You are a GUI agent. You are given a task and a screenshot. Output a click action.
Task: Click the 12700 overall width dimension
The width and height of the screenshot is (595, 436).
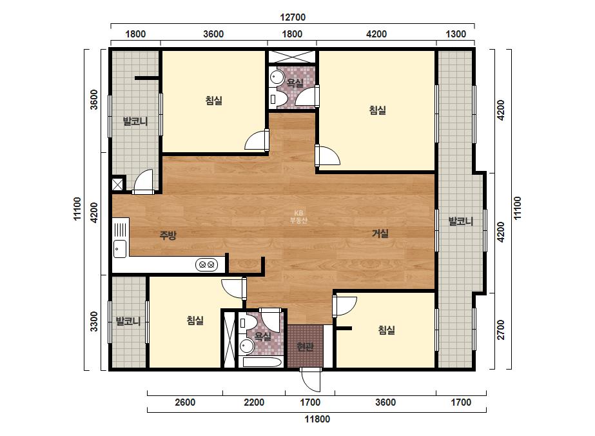point(293,17)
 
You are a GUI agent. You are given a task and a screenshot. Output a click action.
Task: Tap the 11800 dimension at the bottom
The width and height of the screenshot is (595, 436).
point(317,419)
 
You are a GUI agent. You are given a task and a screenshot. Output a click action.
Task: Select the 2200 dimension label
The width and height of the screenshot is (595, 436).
point(254,402)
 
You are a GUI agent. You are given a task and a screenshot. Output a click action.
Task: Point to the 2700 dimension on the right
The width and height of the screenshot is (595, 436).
point(501,330)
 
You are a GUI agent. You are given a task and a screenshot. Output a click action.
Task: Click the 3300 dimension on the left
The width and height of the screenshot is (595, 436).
point(93,321)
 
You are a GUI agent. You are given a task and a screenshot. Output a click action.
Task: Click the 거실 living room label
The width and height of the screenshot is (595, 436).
point(380,233)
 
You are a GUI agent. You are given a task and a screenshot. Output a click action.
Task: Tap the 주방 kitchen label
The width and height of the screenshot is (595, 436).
point(168,235)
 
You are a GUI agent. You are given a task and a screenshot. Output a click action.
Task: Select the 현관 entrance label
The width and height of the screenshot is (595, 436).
point(305,346)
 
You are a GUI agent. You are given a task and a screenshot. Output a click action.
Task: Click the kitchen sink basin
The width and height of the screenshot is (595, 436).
point(120,249)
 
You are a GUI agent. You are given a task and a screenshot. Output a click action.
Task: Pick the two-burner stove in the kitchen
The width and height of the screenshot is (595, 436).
point(207,264)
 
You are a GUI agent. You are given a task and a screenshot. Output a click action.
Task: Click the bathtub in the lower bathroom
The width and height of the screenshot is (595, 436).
point(262,362)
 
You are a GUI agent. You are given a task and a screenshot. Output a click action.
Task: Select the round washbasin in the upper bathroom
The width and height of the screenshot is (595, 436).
point(276,77)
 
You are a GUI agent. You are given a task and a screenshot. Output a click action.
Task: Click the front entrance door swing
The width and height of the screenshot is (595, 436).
point(311,381)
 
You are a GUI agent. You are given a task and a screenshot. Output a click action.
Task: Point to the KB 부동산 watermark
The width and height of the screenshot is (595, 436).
point(298,217)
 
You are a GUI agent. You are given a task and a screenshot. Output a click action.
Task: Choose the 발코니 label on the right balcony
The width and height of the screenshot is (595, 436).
point(461,221)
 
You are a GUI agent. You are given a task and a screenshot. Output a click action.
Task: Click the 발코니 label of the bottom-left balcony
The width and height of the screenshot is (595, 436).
point(128,321)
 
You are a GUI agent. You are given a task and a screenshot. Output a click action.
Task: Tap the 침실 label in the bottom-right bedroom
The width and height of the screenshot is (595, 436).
point(386,330)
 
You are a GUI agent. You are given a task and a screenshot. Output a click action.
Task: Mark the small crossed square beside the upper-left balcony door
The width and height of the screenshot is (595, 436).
point(117,184)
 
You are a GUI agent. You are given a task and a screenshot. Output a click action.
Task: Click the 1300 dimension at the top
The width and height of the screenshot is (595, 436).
point(455,34)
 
